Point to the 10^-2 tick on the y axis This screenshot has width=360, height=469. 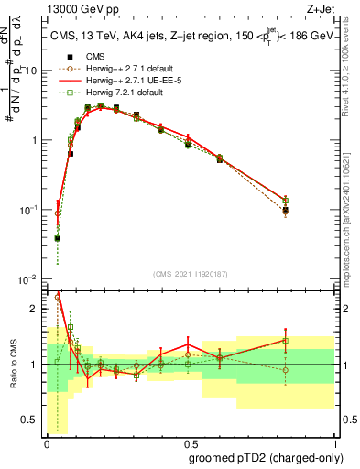click(x=29, y=279)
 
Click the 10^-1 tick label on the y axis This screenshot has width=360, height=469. click(x=29, y=210)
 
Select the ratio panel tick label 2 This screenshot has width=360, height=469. click(x=36, y=309)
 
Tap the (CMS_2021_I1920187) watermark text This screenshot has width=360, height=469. click(x=190, y=274)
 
